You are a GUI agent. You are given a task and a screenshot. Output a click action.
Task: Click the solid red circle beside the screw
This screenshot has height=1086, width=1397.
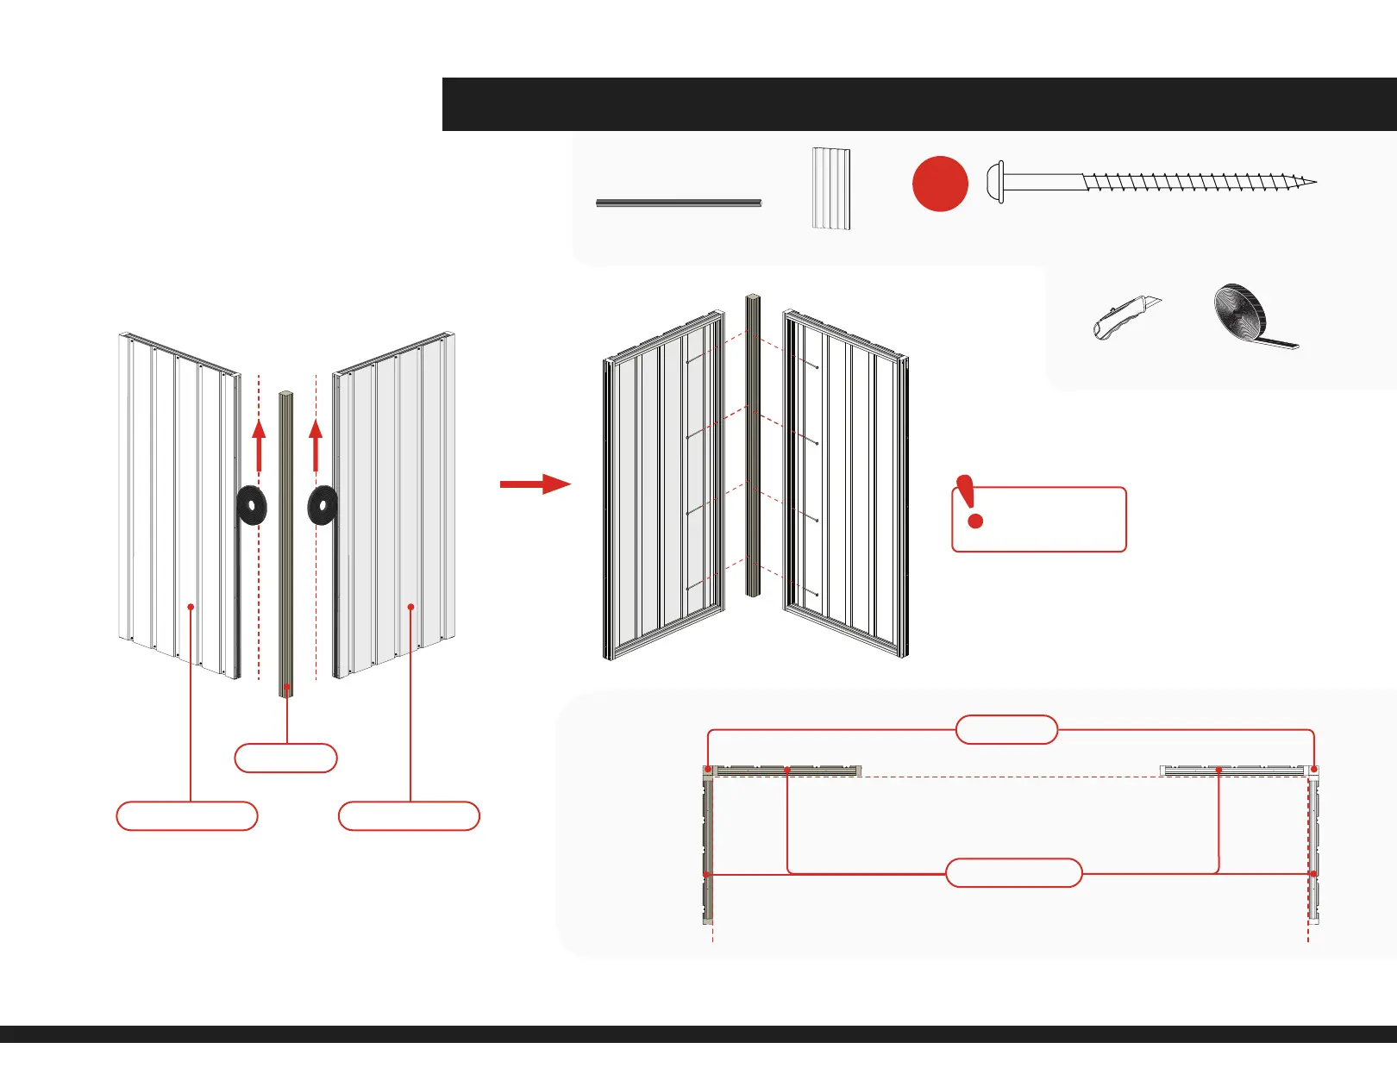click(x=940, y=184)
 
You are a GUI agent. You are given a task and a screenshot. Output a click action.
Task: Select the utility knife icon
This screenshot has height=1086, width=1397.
click(x=1126, y=317)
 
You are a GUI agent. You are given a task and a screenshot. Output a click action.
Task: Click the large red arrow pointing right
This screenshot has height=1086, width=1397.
click(x=535, y=484)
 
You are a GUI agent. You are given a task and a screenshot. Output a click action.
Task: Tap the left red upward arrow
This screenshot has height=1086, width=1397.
click(x=259, y=444)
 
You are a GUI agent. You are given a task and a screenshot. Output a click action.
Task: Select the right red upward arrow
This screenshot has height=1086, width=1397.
click(x=316, y=444)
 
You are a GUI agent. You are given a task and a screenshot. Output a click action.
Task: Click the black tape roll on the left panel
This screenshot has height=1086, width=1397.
click(x=252, y=506)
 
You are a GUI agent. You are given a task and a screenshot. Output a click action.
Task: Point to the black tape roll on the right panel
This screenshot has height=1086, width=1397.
click(x=323, y=506)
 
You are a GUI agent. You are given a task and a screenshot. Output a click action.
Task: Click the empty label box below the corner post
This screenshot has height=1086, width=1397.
click(x=285, y=758)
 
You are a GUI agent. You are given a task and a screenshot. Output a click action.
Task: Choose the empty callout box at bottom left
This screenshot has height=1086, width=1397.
click(x=187, y=816)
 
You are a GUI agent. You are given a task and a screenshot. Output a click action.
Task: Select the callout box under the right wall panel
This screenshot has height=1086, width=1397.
click(x=409, y=816)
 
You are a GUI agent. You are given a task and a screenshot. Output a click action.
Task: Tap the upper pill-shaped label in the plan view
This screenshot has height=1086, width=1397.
click(x=1006, y=729)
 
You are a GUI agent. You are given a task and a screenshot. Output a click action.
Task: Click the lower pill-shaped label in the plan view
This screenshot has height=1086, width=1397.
click(x=1014, y=873)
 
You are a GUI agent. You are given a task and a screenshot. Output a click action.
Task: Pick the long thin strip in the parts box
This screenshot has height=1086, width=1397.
click(x=679, y=203)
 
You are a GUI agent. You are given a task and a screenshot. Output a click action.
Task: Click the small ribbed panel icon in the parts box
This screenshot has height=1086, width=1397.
click(x=831, y=189)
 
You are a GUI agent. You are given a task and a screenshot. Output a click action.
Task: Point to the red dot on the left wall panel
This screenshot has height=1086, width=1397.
click(x=191, y=607)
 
